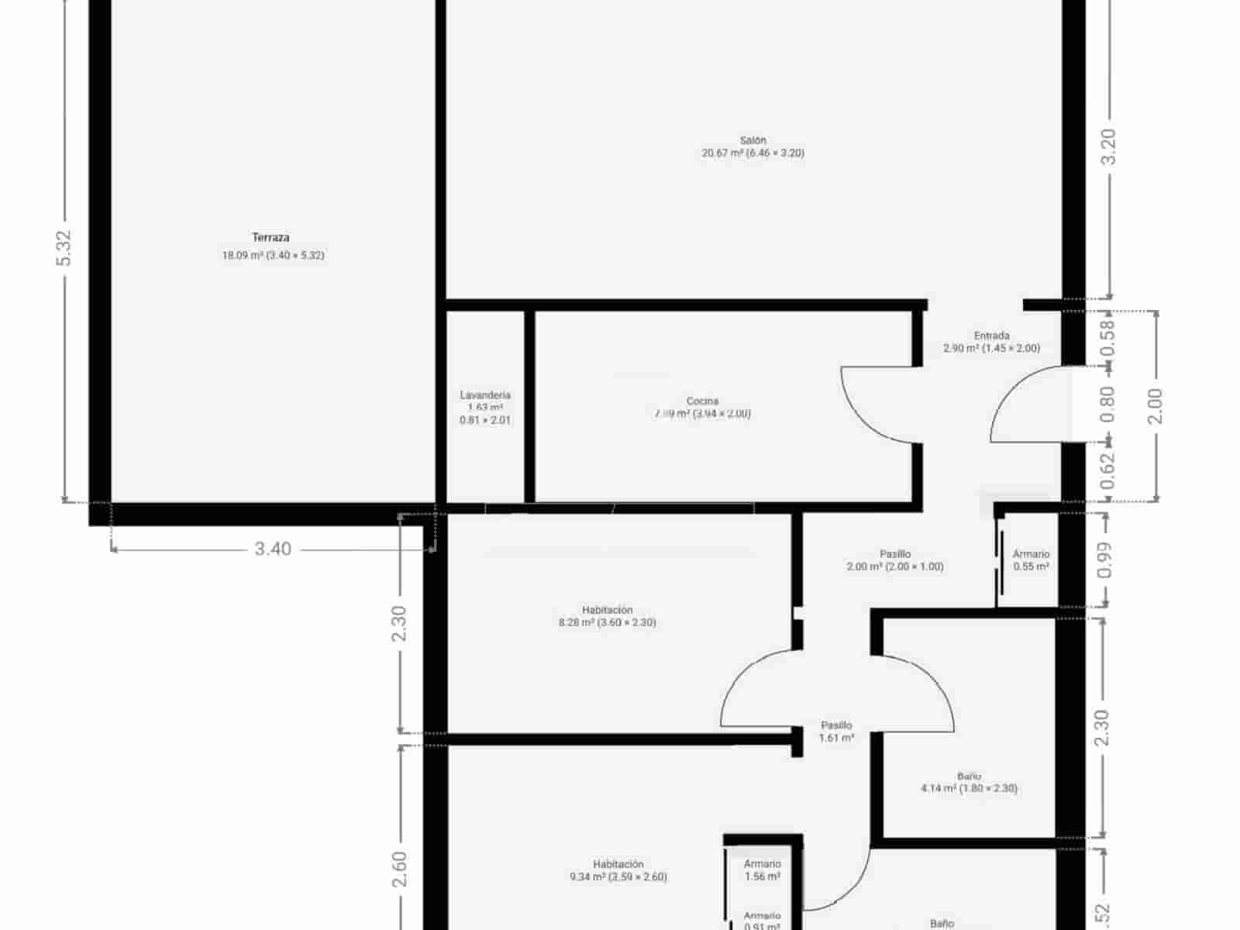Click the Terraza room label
(x=270, y=238)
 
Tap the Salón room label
(x=753, y=141)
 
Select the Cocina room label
(x=702, y=401)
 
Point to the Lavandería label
(x=485, y=395)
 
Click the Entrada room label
(x=991, y=336)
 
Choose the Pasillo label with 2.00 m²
(x=895, y=555)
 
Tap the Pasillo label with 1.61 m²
(x=836, y=726)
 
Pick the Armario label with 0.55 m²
(x=1031, y=555)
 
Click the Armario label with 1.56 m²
(x=762, y=864)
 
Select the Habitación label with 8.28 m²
(x=607, y=611)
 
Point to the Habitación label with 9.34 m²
(x=618, y=865)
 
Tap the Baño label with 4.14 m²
(x=969, y=777)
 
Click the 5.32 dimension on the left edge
(x=64, y=249)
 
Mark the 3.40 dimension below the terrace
(x=273, y=549)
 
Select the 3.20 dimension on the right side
(x=1109, y=146)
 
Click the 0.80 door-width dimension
(x=1107, y=404)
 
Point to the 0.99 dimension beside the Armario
(x=1105, y=560)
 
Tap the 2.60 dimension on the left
(x=399, y=870)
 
